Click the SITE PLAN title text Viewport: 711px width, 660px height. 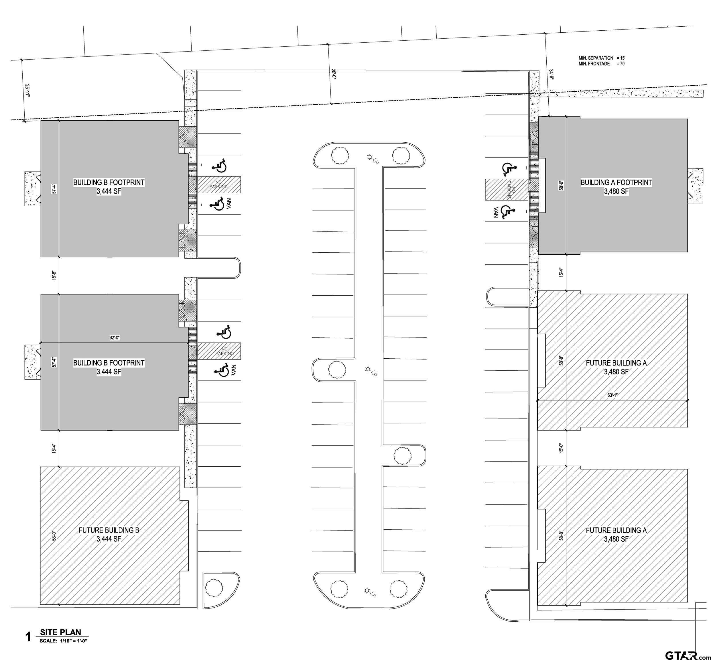pos(60,632)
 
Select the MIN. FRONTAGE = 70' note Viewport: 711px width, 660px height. pos(602,64)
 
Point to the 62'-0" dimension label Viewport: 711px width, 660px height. pos(115,337)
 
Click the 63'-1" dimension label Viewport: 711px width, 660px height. pos(612,395)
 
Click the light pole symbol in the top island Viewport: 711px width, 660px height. pos(369,157)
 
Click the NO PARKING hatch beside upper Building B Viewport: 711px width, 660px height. pos(219,185)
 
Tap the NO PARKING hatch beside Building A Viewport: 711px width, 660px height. pos(506,189)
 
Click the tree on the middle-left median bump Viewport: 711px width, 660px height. pos(336,369)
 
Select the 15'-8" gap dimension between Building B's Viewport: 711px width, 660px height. pos(54,275)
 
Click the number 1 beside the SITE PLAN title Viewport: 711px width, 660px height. pos(29,637)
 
